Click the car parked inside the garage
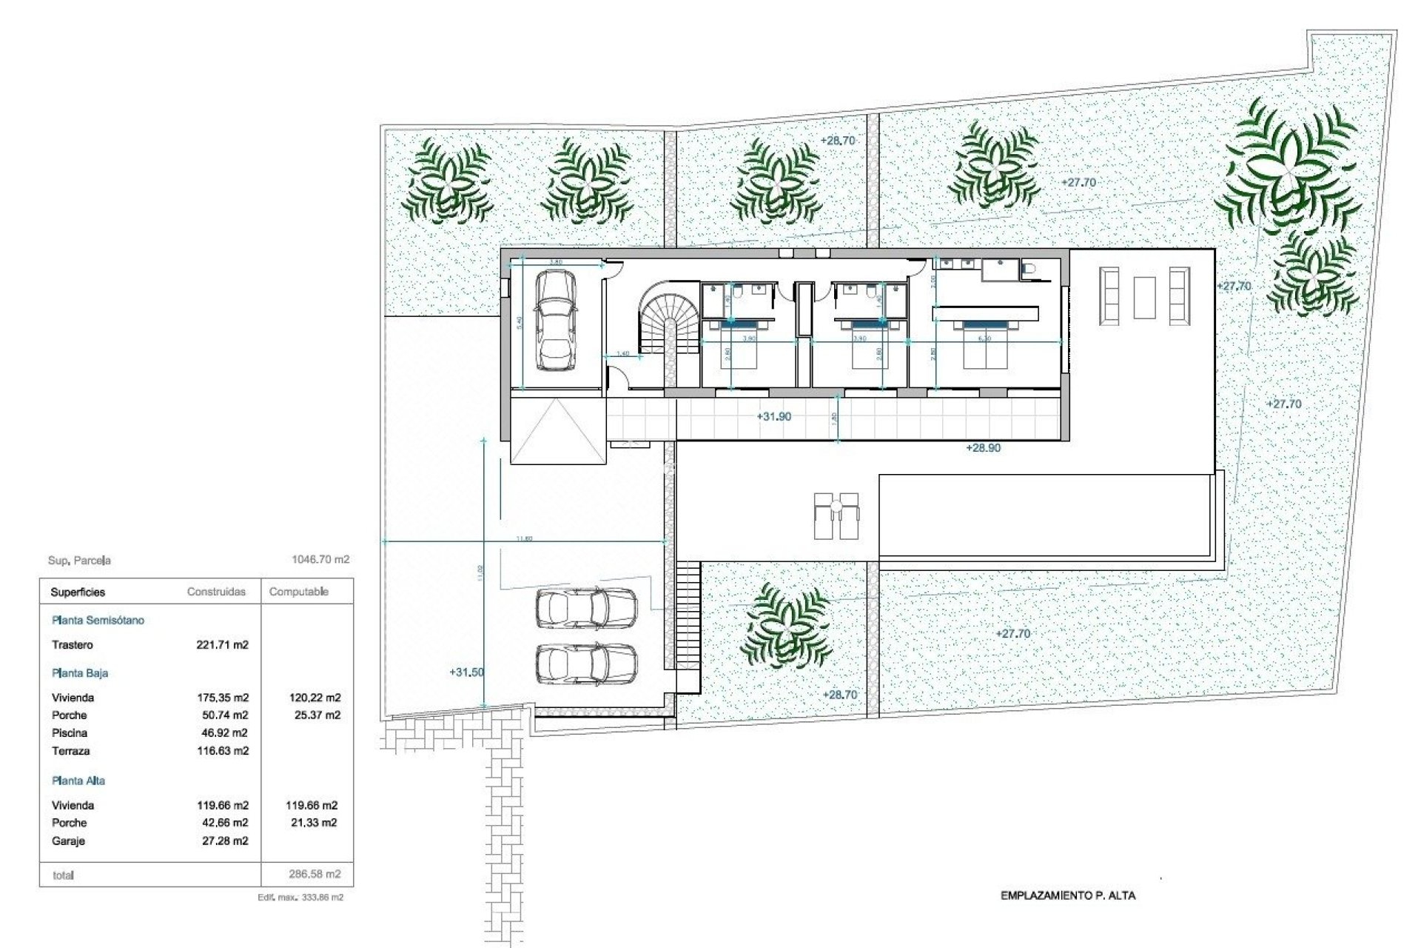tap(555, 319)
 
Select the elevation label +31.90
tap(773, 417)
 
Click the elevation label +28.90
tap(983, 448)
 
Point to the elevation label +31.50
tap(466, 672)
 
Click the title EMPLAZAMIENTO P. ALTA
tap(1067, 895)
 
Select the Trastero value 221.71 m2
tap(222, 645)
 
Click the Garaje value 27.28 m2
tap(225, 841)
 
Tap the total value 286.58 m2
tap(315, 874)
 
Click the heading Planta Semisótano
tap(98, 621)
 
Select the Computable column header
tap(298, 592)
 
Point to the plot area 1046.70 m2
tap(320, 560)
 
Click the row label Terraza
tap(70, 751)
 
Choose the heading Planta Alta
tap(78, 781)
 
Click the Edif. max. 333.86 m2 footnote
tap(300, 897)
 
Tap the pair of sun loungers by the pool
tap(836, 515)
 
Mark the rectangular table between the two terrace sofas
tap(1144, 297)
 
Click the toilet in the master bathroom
tap(1029, 270)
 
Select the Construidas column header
tap(216, 592)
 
